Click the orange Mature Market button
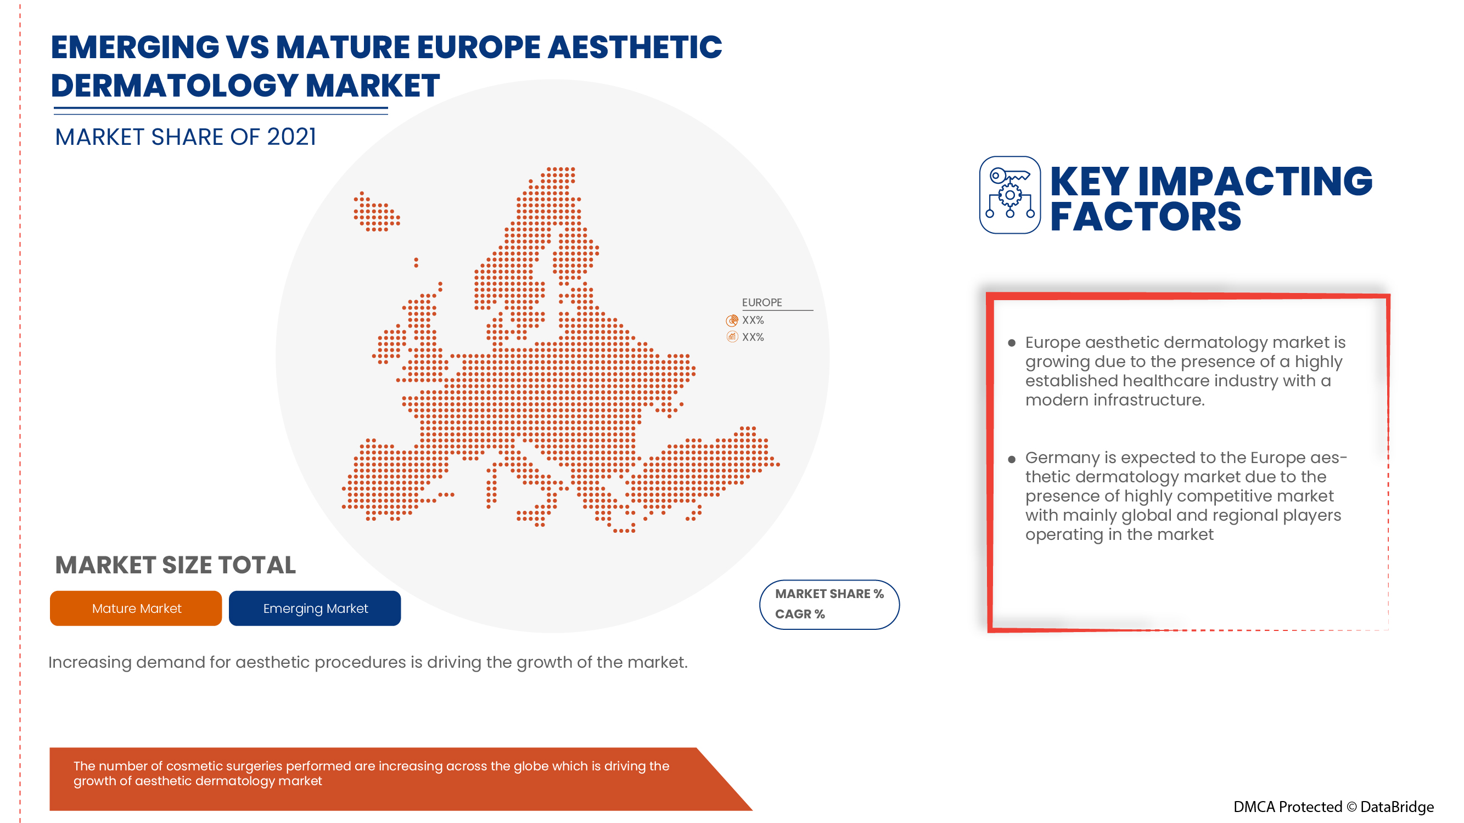pos(136,608)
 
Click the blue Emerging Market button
pos(315,608)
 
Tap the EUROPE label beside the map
pos(761,303)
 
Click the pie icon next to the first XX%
pos(732,320)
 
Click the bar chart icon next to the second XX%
pos(732,337)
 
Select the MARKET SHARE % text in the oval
pos(829,594)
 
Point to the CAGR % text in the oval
pos(800,615)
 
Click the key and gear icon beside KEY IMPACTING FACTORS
pos(1010,195)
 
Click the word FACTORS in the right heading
pos(1145,217)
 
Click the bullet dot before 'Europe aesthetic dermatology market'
pos(1012,343)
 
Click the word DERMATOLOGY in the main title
pos(175,86)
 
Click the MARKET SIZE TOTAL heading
pos(176,565)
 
